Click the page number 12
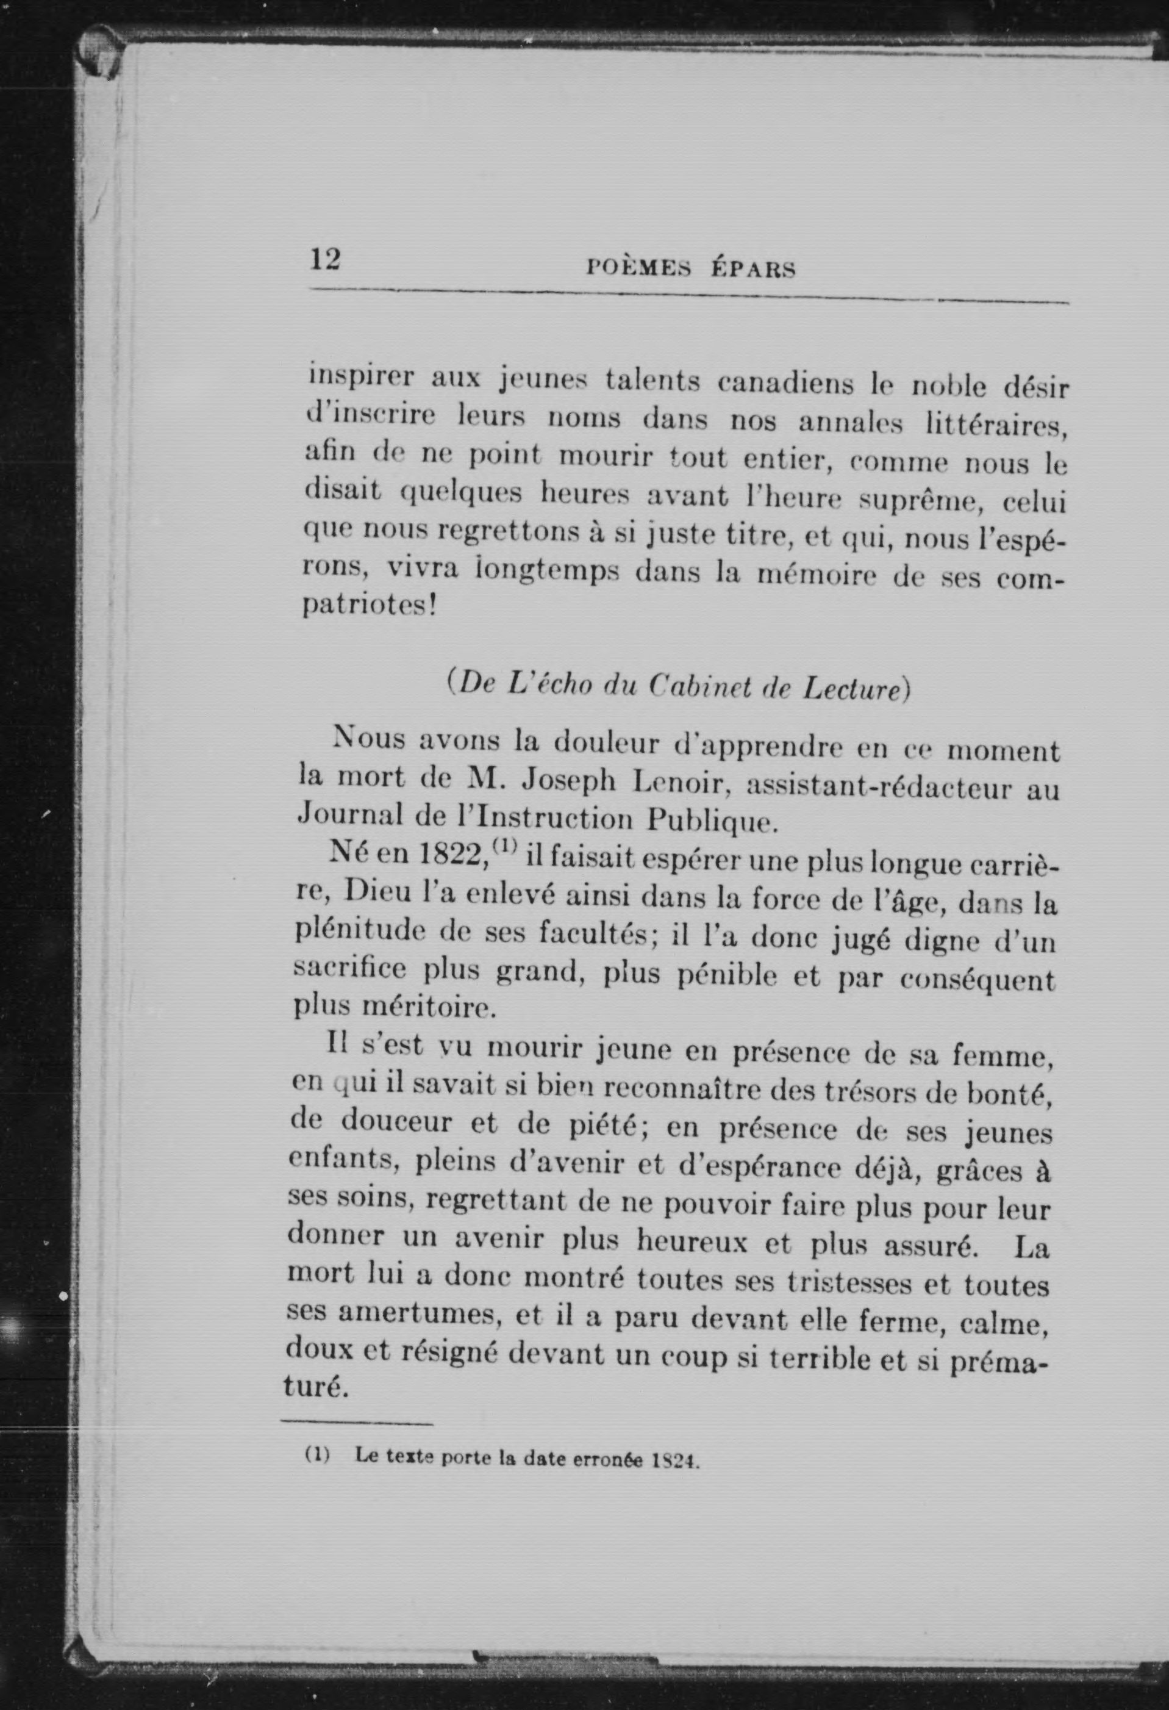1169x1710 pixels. pos(324,260)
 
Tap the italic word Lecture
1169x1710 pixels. pos(851,689)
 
